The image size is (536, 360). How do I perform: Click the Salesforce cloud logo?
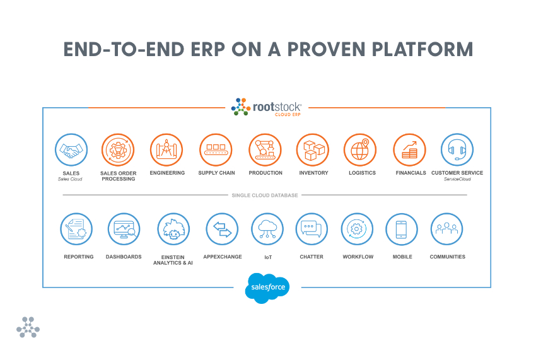[x=267, y=287]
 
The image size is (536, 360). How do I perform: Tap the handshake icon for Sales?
[x=71, y=150]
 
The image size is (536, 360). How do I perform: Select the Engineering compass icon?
[x=166, y=150]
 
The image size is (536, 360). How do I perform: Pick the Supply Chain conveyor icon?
[x=216, y=150]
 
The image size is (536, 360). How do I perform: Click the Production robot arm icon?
[x=265, y=150]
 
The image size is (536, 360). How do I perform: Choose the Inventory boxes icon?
[x=313, y=150]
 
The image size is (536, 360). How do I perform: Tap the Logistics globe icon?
[x=361, y=150]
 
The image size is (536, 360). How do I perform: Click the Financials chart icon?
[x=410, y=150]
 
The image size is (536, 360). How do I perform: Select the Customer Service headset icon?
[x=457, y=150]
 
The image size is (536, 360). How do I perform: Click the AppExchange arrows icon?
[x=222, y=229]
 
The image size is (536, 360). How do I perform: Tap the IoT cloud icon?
[x=267, y=229]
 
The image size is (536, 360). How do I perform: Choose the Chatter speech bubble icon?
[x=312, y=229]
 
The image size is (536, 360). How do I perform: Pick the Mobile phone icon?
[x=402, y=229]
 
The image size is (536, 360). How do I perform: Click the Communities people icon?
[x=447, y=229]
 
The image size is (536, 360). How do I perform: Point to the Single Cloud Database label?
[x=265, y=195]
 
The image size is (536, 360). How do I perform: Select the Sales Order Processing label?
[x=118, y=176]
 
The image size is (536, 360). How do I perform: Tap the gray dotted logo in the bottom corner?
[x=28, y=327]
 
